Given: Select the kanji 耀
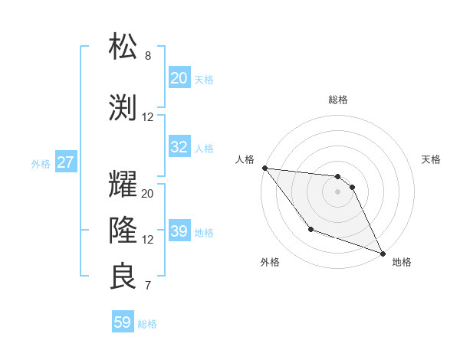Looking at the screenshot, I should pos(123,184).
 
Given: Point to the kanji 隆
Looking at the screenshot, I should pos(123,229).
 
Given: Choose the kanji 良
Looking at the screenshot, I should pos(123,276).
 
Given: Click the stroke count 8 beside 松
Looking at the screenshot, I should pos(148,56).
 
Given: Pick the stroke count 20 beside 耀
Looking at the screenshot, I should pos(148,194).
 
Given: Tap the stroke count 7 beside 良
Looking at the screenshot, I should pos(148,286).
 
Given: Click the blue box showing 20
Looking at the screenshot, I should pos(179,78).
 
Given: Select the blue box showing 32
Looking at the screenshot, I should pos(179,147).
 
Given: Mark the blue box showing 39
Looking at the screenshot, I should pos(179,231).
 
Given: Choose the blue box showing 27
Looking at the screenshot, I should pos(66,162).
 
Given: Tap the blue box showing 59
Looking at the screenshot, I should pos(123,322).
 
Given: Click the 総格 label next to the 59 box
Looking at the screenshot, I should pos(147,324).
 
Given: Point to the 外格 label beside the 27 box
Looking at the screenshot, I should pos(41,163).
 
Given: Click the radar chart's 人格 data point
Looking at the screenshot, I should pos(264,168).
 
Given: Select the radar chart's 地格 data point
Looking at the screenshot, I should pos(383,253).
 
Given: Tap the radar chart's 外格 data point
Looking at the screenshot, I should pos(310,229).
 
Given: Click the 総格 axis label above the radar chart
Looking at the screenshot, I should pos(337,100).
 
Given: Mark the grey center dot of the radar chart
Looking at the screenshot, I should pos(337,191).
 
